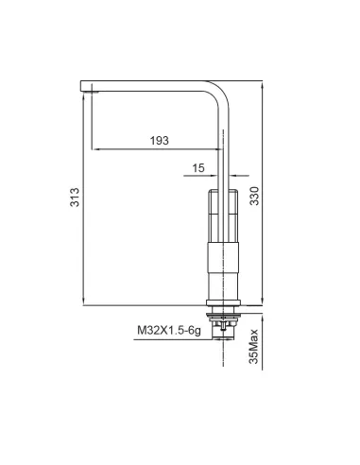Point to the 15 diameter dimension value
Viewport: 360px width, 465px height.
197,167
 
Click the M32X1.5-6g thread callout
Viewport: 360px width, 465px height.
167,331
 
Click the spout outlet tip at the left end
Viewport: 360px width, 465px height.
92,88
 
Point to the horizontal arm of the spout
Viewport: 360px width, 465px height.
151,84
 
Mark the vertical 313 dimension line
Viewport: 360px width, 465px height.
84,198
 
